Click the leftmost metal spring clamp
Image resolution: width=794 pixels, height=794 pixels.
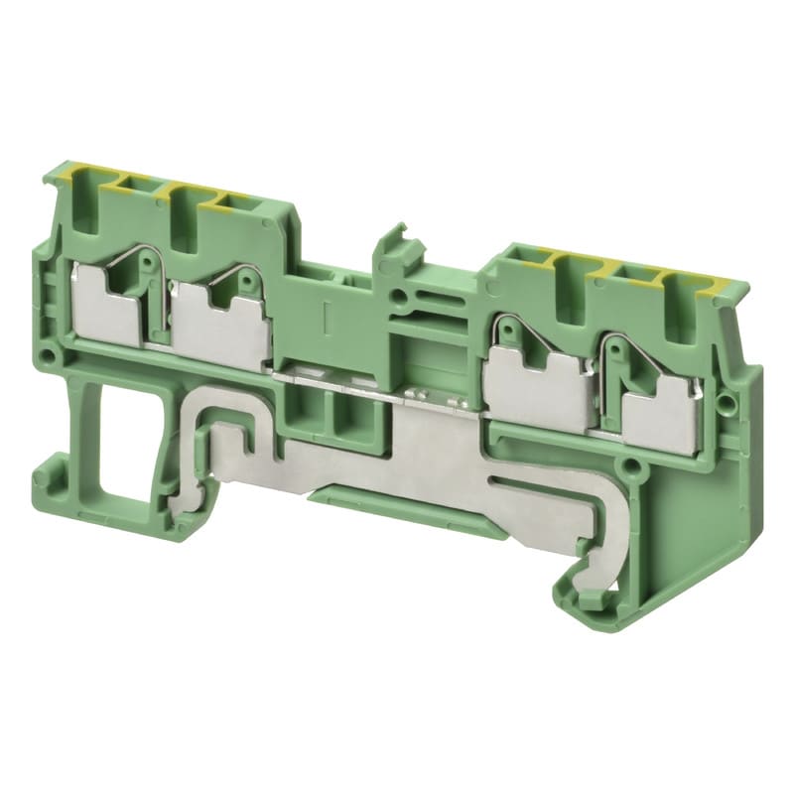pyautogui.click(x=111, y=297)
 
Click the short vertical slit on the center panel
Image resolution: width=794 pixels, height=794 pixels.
pyautogui.click(x=325, y=318)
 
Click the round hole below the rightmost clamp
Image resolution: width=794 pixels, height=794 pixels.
pyautogui.click(x=626, y=463)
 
